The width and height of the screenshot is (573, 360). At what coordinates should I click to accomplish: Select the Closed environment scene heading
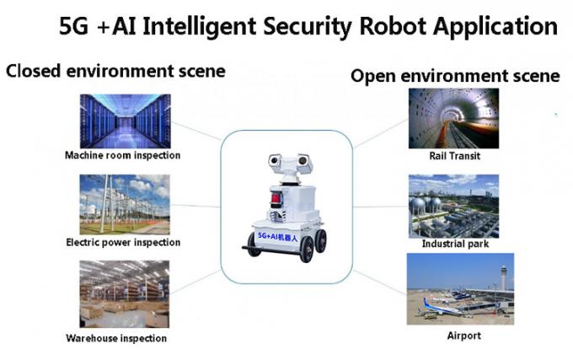click(115, 71)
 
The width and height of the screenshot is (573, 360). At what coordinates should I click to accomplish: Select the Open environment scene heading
click(455, 76)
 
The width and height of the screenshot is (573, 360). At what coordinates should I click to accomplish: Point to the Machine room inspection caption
click(123, 155)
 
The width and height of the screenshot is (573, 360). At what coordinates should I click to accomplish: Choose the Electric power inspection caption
click(123, 243)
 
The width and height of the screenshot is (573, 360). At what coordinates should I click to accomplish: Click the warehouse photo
click(124, 294)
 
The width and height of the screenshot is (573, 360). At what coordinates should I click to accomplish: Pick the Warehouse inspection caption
click(116, 338)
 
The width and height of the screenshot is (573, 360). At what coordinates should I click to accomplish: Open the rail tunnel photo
click(453, 118)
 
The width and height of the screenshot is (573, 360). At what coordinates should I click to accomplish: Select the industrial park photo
click(453, 205)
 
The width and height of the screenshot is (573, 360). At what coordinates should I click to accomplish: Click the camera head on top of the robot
click(286, 162)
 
